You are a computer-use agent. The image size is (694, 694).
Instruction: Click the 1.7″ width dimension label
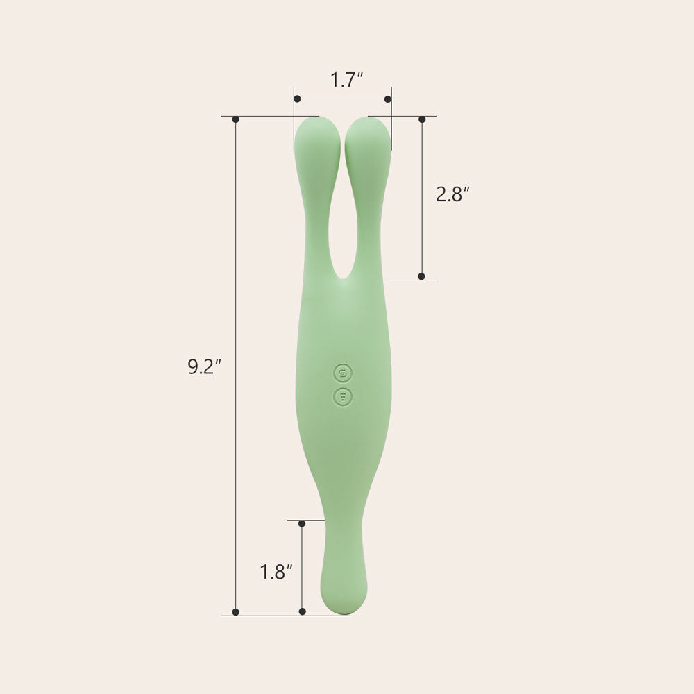346,80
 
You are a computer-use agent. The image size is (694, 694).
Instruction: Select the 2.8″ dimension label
452,194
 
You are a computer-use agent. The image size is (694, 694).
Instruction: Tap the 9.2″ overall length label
204,367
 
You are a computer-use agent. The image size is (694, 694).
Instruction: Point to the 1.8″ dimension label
276,572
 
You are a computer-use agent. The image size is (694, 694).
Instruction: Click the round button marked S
343,373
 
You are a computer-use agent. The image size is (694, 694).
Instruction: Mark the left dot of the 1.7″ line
298,99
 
